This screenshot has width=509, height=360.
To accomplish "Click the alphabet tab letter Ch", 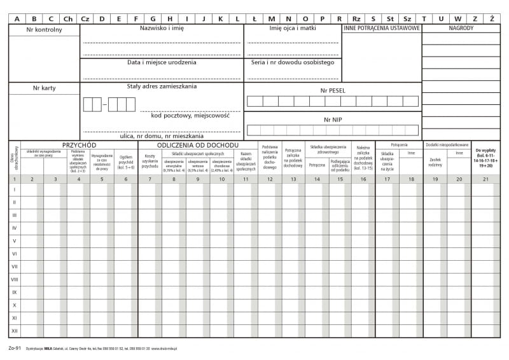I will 67,18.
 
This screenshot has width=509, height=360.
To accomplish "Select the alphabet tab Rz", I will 356,18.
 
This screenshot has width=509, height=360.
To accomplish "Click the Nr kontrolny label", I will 44,30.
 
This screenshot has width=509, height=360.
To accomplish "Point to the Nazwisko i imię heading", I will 162,29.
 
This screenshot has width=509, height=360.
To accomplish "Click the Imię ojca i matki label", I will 293,29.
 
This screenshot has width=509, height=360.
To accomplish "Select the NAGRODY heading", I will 461,29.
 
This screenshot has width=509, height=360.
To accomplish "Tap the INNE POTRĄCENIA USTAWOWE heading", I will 382,29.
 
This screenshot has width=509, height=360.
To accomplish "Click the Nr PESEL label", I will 332,90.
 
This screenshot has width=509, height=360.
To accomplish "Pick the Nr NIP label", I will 332,119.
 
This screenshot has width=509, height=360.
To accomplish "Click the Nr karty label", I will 44,88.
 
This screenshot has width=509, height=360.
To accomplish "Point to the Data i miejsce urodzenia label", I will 162,62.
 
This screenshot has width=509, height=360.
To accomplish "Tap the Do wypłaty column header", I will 485,157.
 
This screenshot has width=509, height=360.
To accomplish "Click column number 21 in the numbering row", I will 485,179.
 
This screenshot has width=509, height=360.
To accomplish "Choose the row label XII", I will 15,331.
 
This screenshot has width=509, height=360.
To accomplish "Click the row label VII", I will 15,266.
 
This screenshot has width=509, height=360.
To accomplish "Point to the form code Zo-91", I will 15,348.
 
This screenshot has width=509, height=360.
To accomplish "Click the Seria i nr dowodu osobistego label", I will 293,62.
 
